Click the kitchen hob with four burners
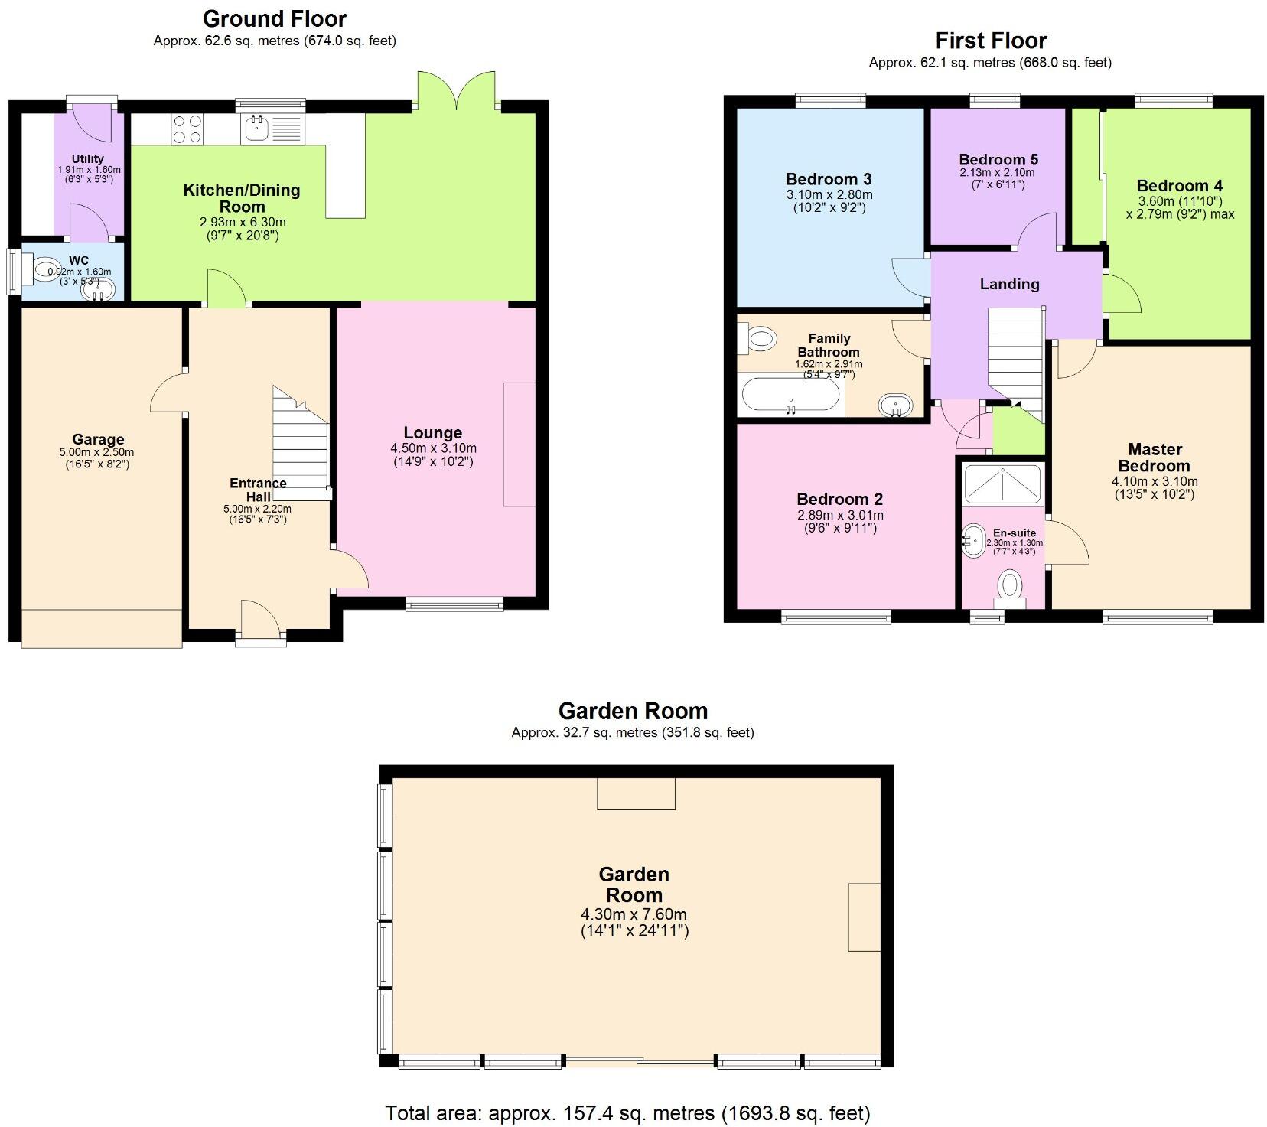187,129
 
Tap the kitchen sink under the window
256,128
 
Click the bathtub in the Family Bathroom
790,396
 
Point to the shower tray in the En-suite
1002,482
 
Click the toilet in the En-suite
1011,588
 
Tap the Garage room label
98,439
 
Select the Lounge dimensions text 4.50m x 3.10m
433,448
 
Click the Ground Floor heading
274,18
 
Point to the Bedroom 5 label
998,160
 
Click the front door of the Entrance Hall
260,621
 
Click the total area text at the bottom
627,1112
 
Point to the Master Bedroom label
1154,458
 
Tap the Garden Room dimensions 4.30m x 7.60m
633,914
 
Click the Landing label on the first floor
1009,285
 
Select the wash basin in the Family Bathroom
895,405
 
